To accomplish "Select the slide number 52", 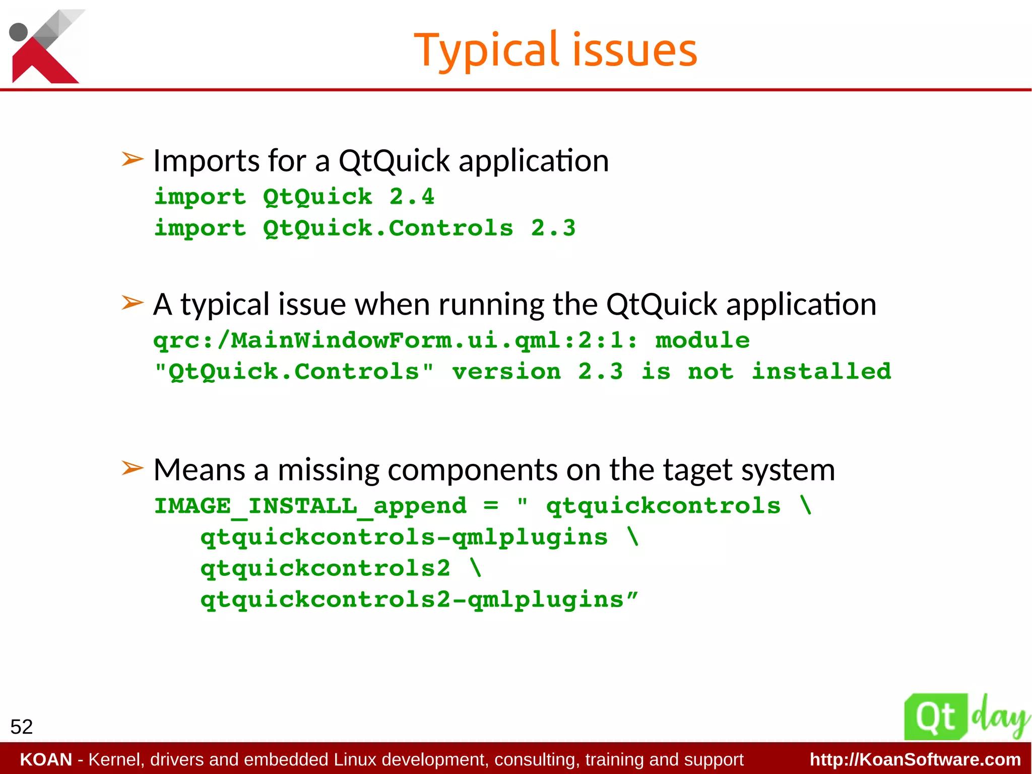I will click(x=21, y=727).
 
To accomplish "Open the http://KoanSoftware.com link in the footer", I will click(x=915, y=759).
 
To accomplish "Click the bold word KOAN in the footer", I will click(x=46, y=759).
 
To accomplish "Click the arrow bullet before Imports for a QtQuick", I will click(x=133, y=159).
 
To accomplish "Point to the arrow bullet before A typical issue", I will click(x=133, y=303).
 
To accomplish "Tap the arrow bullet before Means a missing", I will click(x=133, y=468).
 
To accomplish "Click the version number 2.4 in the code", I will click(x=411, y=197).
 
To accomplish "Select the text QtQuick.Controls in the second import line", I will click(x=388, y=228).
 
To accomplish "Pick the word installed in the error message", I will click(x=821, y=372).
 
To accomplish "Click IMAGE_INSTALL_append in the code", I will click(x=310, y=506).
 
